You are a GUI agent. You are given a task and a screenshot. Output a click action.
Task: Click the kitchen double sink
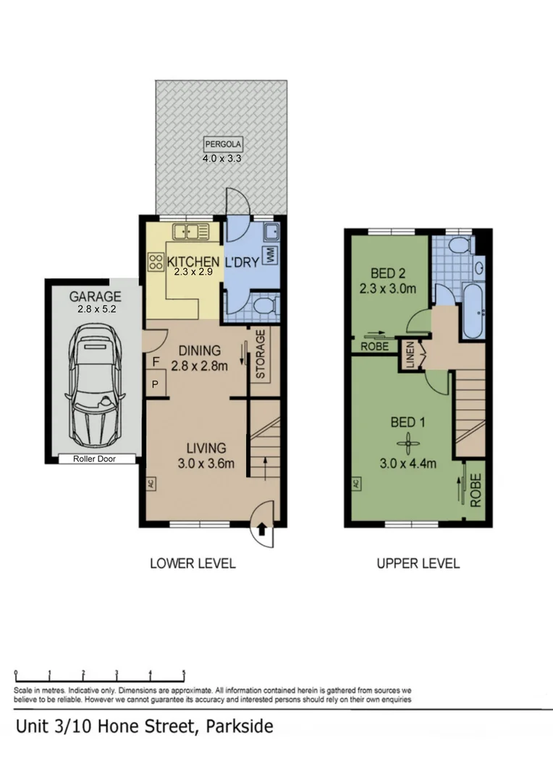coord(190,232)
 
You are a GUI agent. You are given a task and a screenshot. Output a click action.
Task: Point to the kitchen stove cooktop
coord(156,261)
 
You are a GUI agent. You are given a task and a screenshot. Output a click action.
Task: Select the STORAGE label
coord(261,355)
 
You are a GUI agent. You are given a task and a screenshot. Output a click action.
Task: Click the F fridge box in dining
coord(156,359)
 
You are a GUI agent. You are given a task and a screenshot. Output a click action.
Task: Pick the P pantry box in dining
coord(156,384)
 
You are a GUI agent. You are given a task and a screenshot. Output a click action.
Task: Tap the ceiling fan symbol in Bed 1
coord(408,441)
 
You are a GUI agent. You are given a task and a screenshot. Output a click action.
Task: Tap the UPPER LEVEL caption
coord(418,563)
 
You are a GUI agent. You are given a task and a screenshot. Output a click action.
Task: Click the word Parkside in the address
coord(240,726)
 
